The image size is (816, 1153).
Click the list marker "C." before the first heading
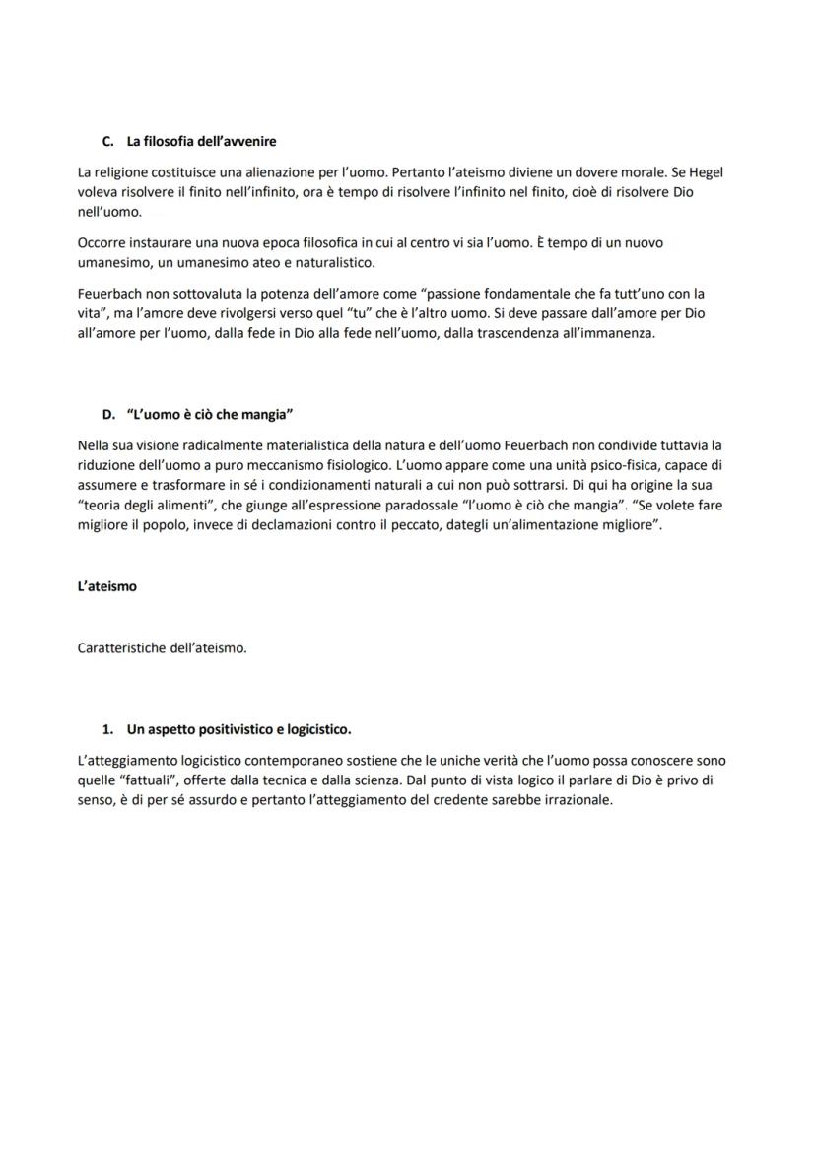point(109,142)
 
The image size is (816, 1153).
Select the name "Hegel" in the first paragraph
point(705,172)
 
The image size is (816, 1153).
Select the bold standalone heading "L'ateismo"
point(107,585)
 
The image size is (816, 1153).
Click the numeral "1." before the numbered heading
point(109,730)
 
